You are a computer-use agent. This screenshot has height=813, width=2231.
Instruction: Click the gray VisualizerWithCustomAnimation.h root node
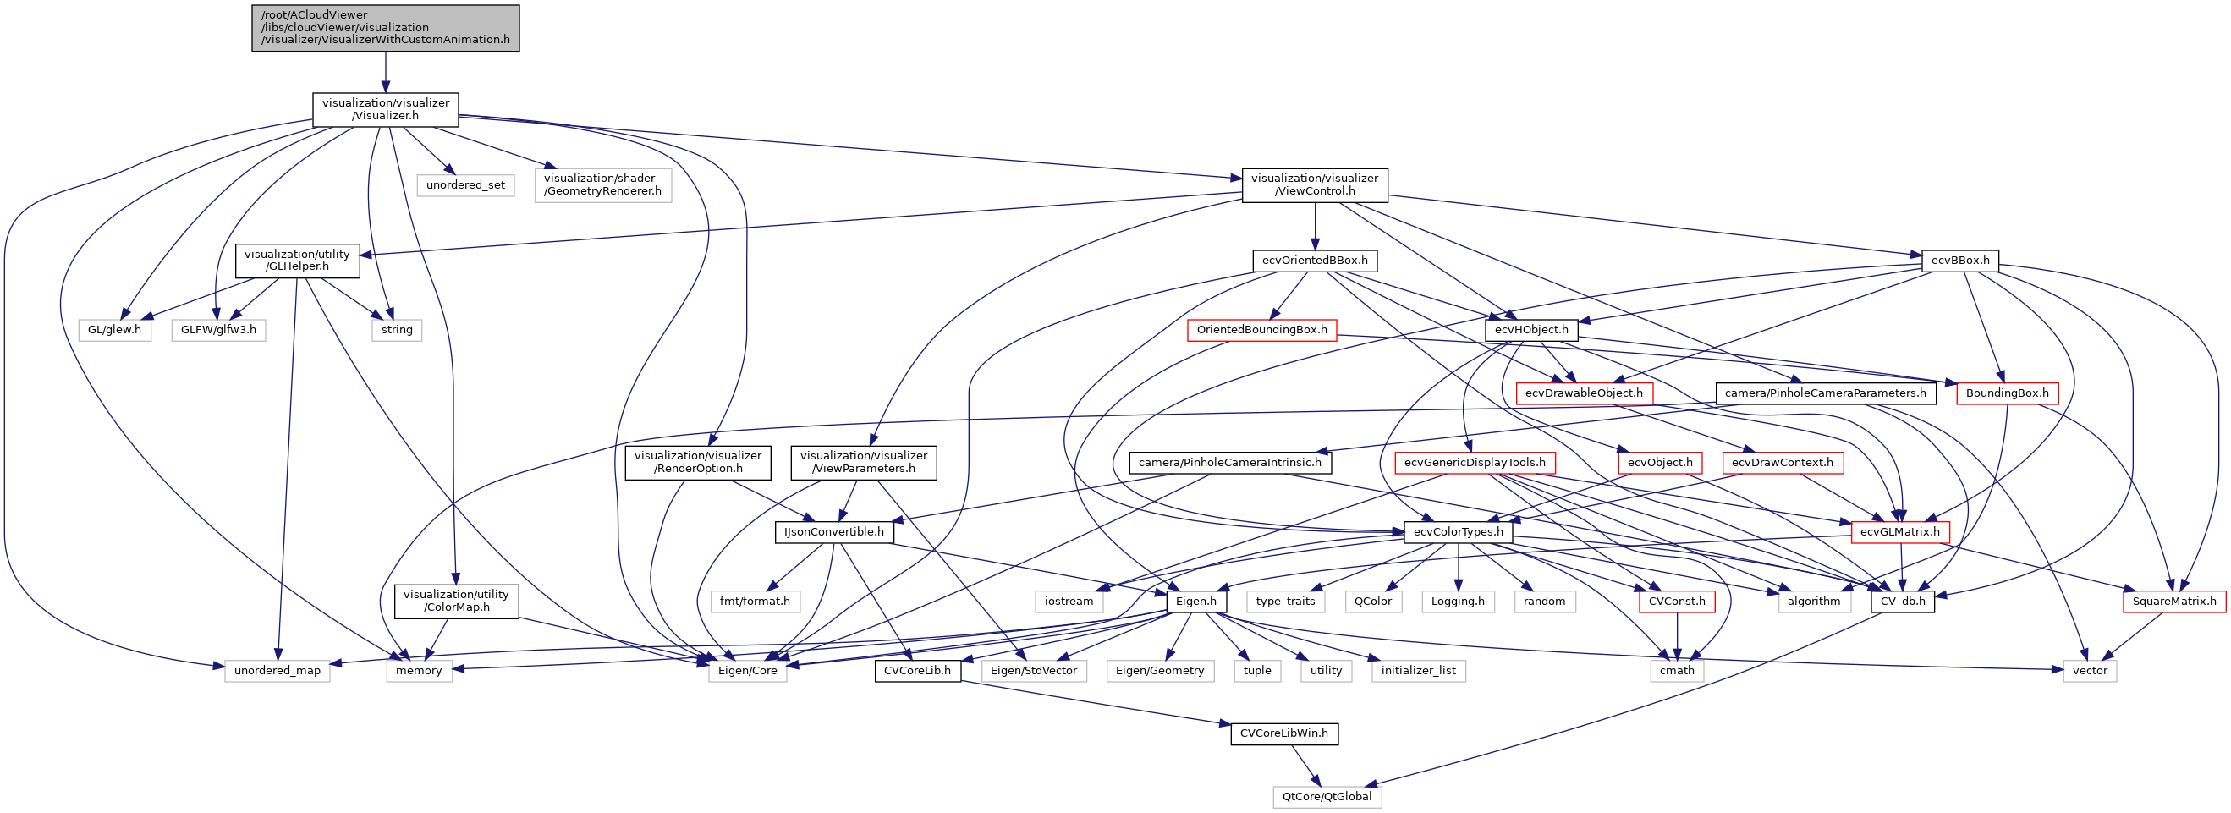pyautogui.click(x=386, y=28)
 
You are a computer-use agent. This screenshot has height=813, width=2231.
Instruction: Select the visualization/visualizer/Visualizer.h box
pyautogui.click(x=386, y=109)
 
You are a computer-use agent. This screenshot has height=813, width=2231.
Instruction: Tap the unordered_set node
pyautogui.click(x=465, y=185)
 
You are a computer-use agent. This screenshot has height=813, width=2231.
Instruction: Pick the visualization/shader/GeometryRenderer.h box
pyautogui.click(x=602, y=184)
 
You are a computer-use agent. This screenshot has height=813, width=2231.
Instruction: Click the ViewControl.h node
pyautogui.click(x=1314, y=184)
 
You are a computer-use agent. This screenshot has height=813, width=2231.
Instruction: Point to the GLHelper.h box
pyautogui.click(x=297, y=261)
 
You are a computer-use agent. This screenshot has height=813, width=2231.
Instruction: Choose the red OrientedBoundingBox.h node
pyautogui.click(x=1261, y=330)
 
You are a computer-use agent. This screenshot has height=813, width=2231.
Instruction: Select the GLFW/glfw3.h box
pyautogui.click(x=218, y=330)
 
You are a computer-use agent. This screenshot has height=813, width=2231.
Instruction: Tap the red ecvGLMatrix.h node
pyautogui.click(x=1899, y=531)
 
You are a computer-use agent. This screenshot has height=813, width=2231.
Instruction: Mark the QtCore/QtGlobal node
pyautogui.click(x=1326, y=797)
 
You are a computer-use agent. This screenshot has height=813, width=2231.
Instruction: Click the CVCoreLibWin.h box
pyautogui.click(x=1283, y=733)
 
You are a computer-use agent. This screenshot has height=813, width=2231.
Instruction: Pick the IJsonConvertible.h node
pyautogui.click(x=833, y=531)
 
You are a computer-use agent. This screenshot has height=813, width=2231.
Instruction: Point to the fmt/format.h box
pyautogui.click(x=755, y=601)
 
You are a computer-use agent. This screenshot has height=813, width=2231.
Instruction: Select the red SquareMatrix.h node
pyautogui.click(x=2173, y=601)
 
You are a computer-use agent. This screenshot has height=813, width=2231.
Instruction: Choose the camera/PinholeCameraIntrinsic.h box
pyautogui.click(x=1229, y=463)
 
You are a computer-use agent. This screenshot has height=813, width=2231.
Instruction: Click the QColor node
pyautogui.click(x=1373, y=601)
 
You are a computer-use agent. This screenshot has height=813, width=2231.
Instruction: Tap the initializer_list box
pyautogui.click(x=1418, y=670)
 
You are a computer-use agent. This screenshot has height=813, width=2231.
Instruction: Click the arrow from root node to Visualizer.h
pyautogui.click(x=386, y=73)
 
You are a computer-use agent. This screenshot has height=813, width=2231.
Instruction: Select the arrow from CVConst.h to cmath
pyautogui.click(x=1677, y=635)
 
